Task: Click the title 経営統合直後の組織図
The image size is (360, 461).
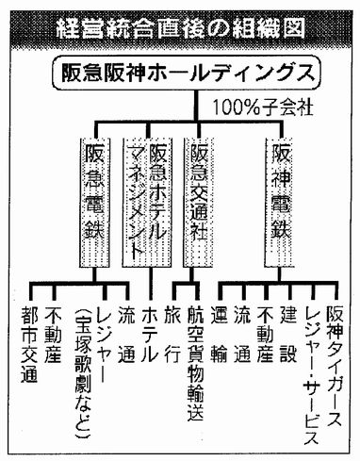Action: tap(180, 30)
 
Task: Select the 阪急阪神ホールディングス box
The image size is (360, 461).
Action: tap(188, 74)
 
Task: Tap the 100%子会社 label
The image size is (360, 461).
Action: tap(263, 107)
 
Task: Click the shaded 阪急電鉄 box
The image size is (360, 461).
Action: tap(95, 203)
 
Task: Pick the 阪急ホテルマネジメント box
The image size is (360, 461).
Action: tap(147, 203)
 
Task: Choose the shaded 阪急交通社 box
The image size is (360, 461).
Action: tap(198, 203)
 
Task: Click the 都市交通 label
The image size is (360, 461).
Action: tap(29, 344)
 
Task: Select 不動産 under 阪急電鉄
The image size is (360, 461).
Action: tap(53, 335)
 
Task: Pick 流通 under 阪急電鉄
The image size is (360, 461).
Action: tap(126, 335)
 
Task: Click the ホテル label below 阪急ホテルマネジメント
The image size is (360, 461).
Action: tap(150, 334)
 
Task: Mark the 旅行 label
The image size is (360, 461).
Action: tap(172, 335)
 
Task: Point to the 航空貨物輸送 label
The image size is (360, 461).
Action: tap(196, 364)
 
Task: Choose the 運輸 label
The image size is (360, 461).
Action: tap(220, 335)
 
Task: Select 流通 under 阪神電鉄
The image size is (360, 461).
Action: tap(242, 335)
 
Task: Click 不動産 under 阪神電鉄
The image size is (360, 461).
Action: tap(266, 335)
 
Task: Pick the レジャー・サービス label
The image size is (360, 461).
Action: tap(312, 375)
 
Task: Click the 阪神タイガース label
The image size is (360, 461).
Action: tap(334, 367)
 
